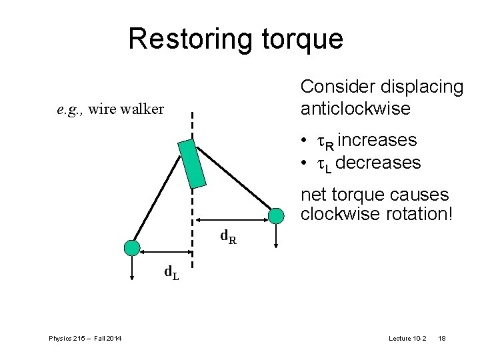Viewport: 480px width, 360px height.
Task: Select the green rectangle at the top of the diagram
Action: (x=192, y=163)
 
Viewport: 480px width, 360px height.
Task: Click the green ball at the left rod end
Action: (x=133, y=248)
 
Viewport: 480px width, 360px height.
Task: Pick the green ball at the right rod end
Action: (x=275, y=215)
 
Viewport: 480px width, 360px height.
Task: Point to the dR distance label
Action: (x=228, y=236)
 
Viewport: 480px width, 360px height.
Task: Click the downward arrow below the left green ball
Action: (x=133, y=267)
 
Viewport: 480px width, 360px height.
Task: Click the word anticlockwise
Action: (x=355, y=109)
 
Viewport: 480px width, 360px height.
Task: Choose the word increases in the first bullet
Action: (x=377, y=141)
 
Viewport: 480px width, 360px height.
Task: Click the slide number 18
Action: (x=441, y=339)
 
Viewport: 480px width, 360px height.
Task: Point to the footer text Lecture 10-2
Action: (x=408, y=339)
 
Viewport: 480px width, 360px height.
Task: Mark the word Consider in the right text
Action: (x=338, y=87)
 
